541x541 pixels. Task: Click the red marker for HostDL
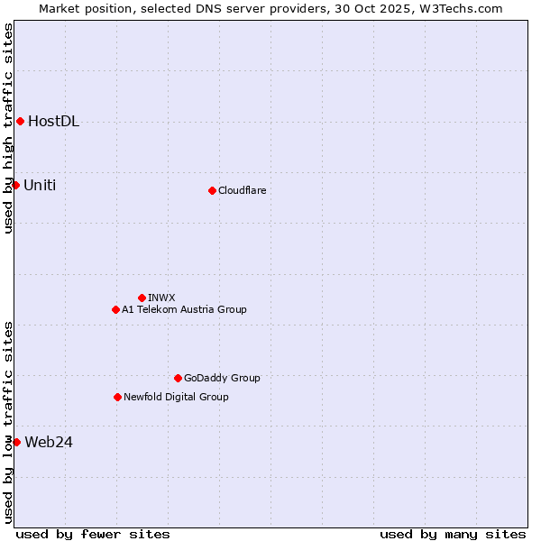tap(20, 122)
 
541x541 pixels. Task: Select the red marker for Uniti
tap(15, 185)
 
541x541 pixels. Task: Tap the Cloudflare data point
tap(212, 190)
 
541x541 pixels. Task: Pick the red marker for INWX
tap(142, 298)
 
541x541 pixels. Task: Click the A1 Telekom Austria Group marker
tap(115, 309)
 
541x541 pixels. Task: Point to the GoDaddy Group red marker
tap(178, 378)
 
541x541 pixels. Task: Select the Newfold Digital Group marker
tap(117, 397)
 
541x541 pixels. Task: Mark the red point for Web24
tap(16, 442)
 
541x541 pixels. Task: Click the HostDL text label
tap(54, 122)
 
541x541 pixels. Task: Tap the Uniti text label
tap(40, 185)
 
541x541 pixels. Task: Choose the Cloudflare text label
tap(243, 190)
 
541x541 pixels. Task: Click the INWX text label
tap(162, 298)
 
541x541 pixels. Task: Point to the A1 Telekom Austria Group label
tap(185, 309)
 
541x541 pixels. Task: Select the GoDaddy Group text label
tap(222, 378)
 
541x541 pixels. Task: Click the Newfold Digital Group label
tap(177, 397)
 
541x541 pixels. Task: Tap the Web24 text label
tap(49, 442)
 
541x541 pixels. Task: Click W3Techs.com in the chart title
tap(459, 8)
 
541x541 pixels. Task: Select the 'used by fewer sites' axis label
tap(93, 534)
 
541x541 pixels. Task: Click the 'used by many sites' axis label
tap(453, 534)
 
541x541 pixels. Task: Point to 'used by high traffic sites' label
tap(8, 128)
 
